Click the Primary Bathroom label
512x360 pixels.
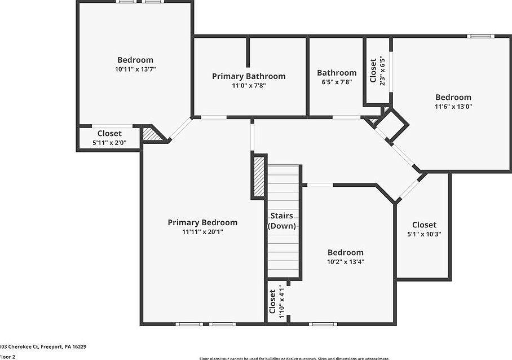(249, 76)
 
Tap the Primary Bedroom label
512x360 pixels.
(202, 222)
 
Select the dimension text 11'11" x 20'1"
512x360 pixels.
(202, 232)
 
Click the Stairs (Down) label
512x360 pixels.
(281, 221)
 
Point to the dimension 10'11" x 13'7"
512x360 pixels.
(135, 69)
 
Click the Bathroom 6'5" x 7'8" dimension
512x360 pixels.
(337, 82)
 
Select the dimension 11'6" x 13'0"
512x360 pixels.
(453, 106)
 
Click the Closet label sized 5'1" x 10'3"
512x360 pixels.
(424, 225)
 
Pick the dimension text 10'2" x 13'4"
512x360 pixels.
(345, 261)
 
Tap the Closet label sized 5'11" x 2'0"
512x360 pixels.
(109, 134)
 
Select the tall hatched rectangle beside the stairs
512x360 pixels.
(259, 176)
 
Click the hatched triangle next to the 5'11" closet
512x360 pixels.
(151, 134)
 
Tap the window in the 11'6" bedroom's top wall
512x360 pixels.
(480, 36)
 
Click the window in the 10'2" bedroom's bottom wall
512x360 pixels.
(323, 324)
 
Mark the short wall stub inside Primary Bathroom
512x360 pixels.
(248, 52)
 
